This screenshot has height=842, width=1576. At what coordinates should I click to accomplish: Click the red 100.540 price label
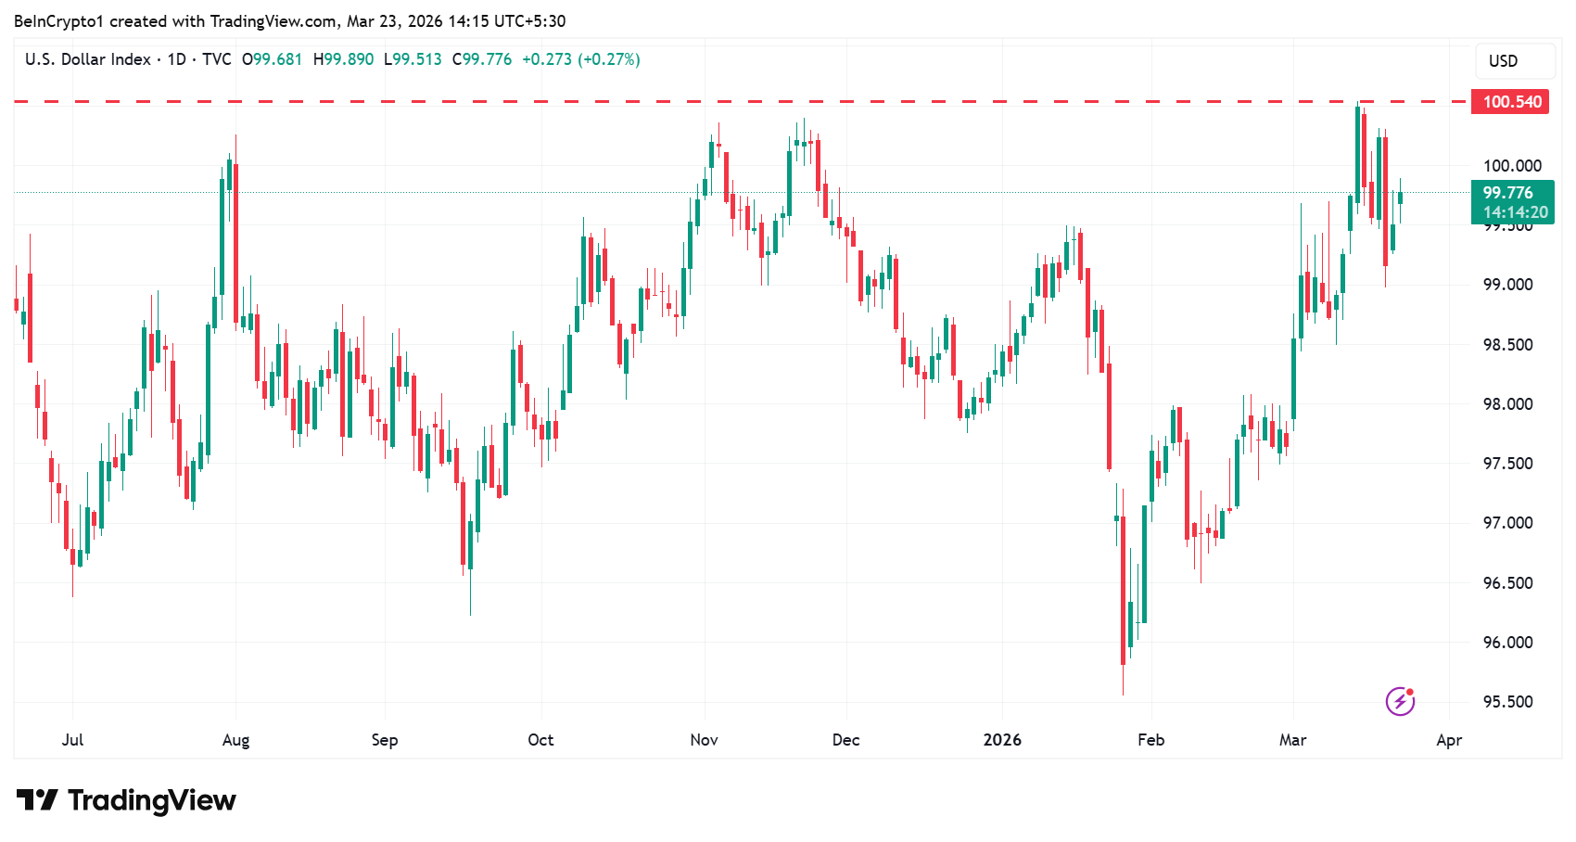click(x=1510, y=102)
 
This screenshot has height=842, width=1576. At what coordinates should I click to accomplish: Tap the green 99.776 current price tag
click(x=1508, y=193)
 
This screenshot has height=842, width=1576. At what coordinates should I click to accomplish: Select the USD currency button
click(x=1503, y=61)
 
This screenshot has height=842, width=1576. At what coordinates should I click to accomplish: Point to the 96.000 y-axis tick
click(x=1507, y=643)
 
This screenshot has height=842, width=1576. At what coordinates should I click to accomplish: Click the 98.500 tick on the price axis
click(x=1507, y=345)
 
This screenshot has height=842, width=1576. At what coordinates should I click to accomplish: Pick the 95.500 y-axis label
click(x=1507, y=702)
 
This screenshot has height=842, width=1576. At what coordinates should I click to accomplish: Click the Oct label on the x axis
click(x=540, y=740)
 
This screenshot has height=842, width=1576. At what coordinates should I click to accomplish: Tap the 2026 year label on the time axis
click(x=1002, y=740)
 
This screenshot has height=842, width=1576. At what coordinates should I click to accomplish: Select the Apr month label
click(x=1449, y=740)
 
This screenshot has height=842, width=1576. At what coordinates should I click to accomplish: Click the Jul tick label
click(x=72, y=740)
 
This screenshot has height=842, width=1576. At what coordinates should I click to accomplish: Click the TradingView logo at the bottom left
click(x=127, y=800)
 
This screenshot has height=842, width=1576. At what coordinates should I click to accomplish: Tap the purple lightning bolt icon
click(x=1400, y=701)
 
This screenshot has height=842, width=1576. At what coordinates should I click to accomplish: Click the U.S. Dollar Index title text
click(x=88, y=59)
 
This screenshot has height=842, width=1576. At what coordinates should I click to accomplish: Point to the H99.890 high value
click(x=344, y=59)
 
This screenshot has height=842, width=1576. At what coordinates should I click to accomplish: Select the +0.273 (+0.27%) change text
click(x=581, y=59)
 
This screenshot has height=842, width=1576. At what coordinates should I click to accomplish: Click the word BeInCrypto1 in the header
click(x=58, y=21)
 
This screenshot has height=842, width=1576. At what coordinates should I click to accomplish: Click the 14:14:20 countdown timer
click(x=1515, y=212)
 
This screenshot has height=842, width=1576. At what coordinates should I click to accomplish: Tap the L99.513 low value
click(x=413, y=59)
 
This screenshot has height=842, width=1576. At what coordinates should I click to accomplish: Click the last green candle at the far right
click(x=1400, y=198)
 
